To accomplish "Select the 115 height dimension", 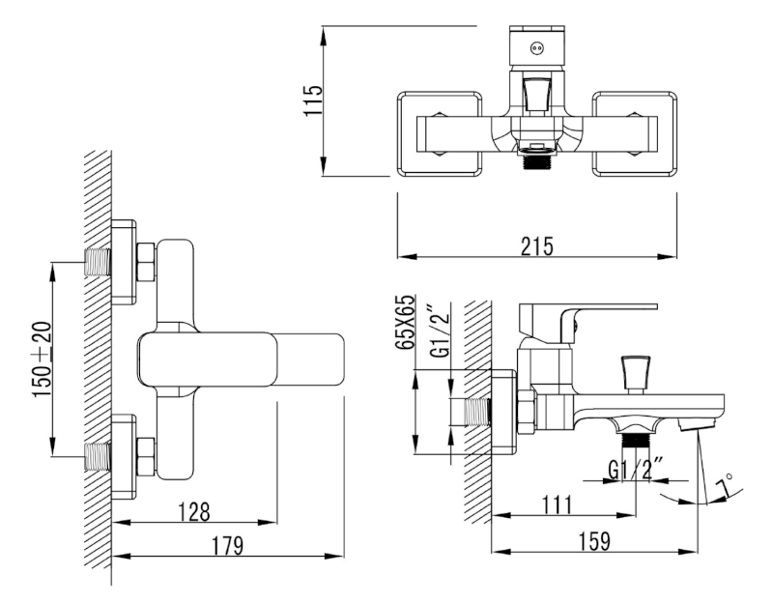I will click(312, 101).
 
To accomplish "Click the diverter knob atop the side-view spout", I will click(634, 371).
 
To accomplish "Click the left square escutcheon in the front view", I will click(439, 134).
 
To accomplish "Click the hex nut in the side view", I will click(528, 411).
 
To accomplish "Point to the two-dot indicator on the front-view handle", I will click(535, 43).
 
